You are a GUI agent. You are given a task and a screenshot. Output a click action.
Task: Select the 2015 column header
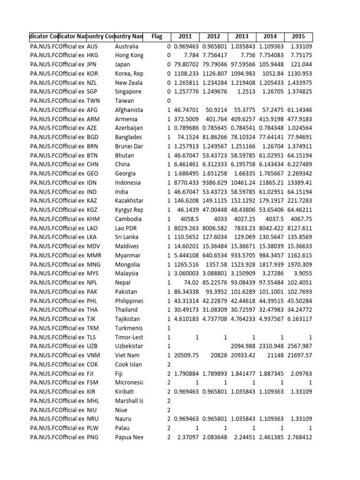(x=298, y=37)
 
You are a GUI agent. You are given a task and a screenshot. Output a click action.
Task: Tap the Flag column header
(x=157, y=37)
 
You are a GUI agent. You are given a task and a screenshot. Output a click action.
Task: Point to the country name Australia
(x=127, y=47)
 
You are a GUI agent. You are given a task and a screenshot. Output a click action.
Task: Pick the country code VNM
(x=94, y=355)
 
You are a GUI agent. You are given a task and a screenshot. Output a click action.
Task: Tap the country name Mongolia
(x=127, y=264)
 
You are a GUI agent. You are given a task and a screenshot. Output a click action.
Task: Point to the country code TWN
(x=94, y=101)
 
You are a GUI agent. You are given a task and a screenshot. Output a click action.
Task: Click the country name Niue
(x=121, y=410)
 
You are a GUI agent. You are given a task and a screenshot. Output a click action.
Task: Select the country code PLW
(x=94, y=428)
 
